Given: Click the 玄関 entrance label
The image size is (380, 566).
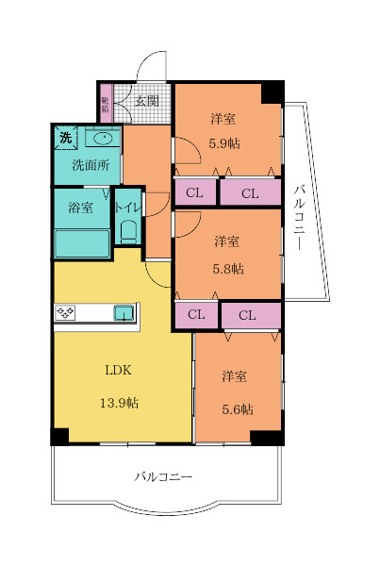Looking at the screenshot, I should (146, 100).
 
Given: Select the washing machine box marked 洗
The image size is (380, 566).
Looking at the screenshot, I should (65, 138).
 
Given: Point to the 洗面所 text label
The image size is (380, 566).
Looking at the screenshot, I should (91, 164).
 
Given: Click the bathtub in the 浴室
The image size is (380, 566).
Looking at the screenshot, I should (82, 242).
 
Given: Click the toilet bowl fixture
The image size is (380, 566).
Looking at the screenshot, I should (128, 231).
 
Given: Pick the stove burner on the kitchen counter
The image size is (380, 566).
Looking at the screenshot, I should (67, 313).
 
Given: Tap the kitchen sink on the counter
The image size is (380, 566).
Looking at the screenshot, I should (124, 313).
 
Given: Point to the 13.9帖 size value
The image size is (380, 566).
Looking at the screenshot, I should (121, 403).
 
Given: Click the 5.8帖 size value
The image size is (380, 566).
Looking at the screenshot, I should (226, 268).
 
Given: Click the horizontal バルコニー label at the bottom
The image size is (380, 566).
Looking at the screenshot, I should (162, 477).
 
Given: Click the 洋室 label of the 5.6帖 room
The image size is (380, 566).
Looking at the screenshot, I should (235, 376).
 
